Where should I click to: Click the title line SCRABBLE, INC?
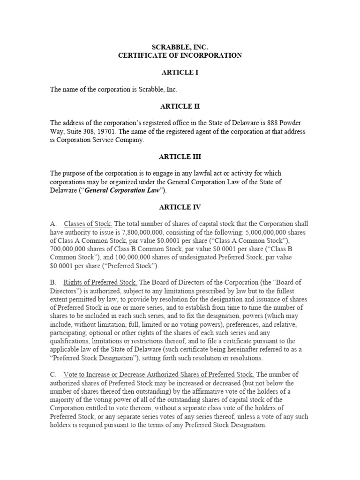pyautogui.click(x=180, y=47)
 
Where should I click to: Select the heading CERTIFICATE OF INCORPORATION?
pyautogui.click(x=180, y=55)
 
